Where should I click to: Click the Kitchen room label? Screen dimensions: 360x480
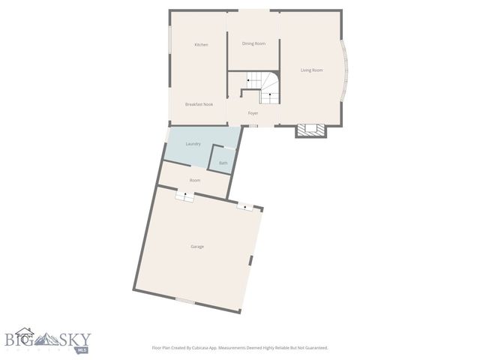tap(201, 45)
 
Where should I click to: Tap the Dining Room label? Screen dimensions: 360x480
tap(253, 43)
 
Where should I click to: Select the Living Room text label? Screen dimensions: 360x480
tap(311, 70)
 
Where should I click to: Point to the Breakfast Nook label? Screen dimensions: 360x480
tap(199, 104)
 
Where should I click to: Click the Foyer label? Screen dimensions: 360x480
tap(253, 113)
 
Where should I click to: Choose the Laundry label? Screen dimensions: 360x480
tap(193, 143)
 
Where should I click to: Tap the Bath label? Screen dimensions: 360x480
tap(223, 163)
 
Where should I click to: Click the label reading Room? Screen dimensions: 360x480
tap(195, 181)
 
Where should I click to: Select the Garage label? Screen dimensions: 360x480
tap(197, 246)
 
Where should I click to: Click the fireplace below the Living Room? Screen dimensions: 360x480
tap(310, 130)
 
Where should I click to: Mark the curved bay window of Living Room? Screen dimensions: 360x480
tap(345, 70)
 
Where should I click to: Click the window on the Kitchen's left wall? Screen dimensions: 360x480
tap(169, 42)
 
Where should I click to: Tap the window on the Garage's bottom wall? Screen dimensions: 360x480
tap(184, 301)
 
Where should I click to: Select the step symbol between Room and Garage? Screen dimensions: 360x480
tap(184, 195)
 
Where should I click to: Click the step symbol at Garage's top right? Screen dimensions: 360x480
tap(245, 205)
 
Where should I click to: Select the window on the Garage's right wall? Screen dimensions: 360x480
tap(251, 259)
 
